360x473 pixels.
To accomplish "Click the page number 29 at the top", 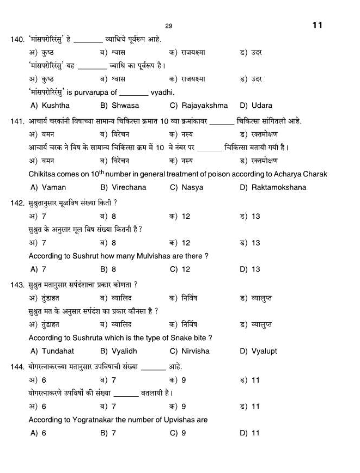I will click(168, 26).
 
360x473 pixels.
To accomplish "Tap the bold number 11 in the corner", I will click(318, 25).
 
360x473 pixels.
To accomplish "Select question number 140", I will click(17, 40).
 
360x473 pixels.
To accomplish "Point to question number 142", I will click(17, 203).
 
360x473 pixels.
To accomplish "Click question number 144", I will click(17, 367).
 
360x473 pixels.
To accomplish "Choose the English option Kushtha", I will click(56, 106).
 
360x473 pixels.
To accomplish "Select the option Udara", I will click(262, 106).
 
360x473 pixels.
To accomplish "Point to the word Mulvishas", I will click(158, 256).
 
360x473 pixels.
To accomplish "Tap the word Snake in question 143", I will click(174, 338).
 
